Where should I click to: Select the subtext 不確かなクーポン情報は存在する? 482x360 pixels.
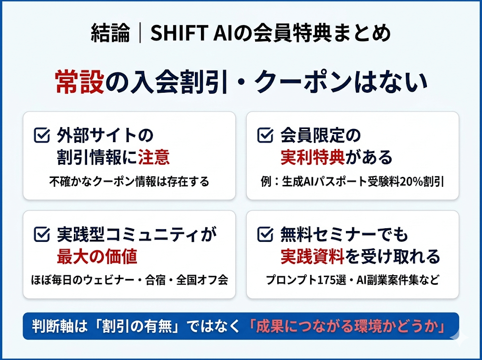pos(129,182)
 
